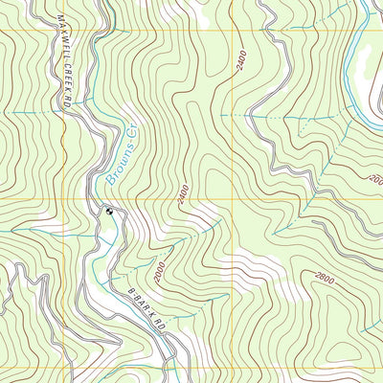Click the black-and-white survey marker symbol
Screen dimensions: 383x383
[110, 212]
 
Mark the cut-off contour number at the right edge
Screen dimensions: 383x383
[375, 179]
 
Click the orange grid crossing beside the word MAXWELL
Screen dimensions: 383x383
[64, 32]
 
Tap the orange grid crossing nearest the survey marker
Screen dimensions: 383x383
[64, 200]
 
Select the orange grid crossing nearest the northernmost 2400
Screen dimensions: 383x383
[233, 32]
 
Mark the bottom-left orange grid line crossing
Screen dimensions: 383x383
[64, 368]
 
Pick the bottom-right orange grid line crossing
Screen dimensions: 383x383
[233, 368]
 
